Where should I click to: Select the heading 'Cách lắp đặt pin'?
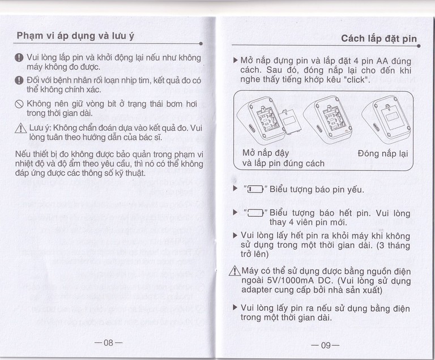[378, 38]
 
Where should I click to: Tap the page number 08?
[109, 342]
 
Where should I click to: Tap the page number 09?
[325, 345]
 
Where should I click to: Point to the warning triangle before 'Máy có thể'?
[237, 270]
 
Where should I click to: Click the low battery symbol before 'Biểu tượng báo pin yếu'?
[252, 189]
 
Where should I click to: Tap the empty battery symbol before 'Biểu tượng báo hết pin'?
[253, 213]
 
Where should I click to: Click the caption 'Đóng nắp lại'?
[382, 153]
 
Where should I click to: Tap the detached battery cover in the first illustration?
[287, 123]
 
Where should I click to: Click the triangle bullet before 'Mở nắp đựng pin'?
[236, 59]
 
